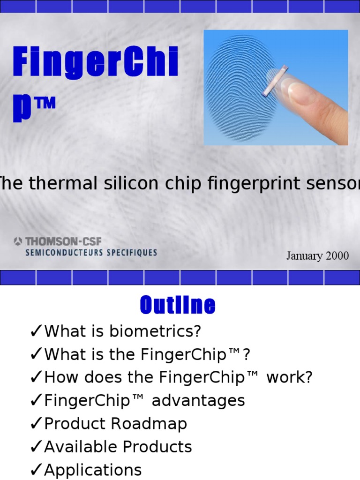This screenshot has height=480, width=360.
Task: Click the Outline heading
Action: click(178, 306)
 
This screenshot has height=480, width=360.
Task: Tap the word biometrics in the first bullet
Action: click(155, 331)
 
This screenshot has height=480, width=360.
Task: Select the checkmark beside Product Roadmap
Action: click(36, 424)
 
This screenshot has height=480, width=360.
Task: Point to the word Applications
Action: click(93, 470)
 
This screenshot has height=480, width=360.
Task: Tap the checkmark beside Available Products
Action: click(36, 447)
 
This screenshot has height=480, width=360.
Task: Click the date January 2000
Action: click(318, 256)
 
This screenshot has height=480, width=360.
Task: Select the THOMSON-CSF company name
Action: click(63, 242)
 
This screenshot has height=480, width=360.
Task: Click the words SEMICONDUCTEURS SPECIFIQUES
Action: click(91, 253)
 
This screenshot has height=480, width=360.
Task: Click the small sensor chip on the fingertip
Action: click(275, 80)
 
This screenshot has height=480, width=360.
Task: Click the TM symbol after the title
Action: click(45, 103)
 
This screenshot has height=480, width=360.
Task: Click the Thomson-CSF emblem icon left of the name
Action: click(18, 242)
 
